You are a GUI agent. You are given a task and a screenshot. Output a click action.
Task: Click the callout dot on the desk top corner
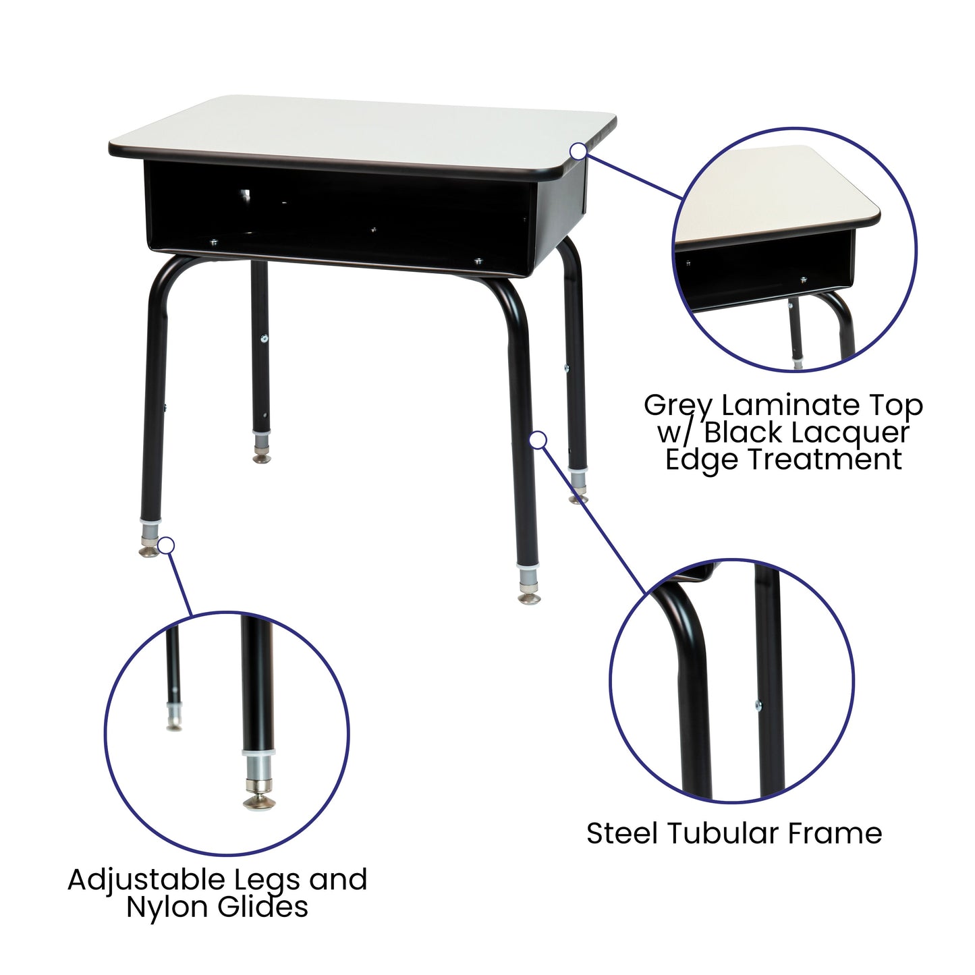[x=578, y=152]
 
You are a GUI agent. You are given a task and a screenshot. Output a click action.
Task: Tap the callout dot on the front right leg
[x=537, y=440]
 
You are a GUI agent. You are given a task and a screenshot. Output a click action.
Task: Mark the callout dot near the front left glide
[x=166, y=545]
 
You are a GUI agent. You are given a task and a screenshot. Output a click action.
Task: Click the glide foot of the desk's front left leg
[x=148, y=551]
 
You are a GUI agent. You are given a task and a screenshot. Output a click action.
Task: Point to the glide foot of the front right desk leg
[x=529, y=597]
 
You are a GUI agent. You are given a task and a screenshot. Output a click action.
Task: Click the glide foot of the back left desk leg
[x=261, y=458]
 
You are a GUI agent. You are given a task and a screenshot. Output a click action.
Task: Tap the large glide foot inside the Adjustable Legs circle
[x=259, y=801]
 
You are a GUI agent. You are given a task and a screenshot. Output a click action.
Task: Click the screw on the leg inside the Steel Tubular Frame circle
[x=758, y=706]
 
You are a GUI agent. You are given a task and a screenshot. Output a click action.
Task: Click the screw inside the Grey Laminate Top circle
[x=803, y=279]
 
